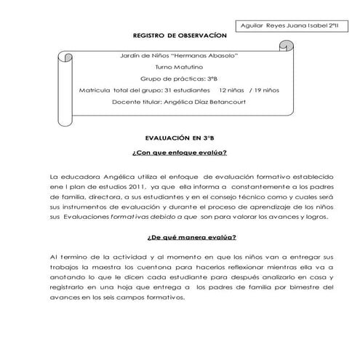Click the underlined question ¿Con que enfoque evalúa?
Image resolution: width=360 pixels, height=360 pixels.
(x=180, y=153)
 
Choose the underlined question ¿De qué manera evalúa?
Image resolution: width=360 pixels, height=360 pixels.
(x=180, y=237)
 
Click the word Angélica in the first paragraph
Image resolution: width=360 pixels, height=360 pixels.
(x=108, y=176)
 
